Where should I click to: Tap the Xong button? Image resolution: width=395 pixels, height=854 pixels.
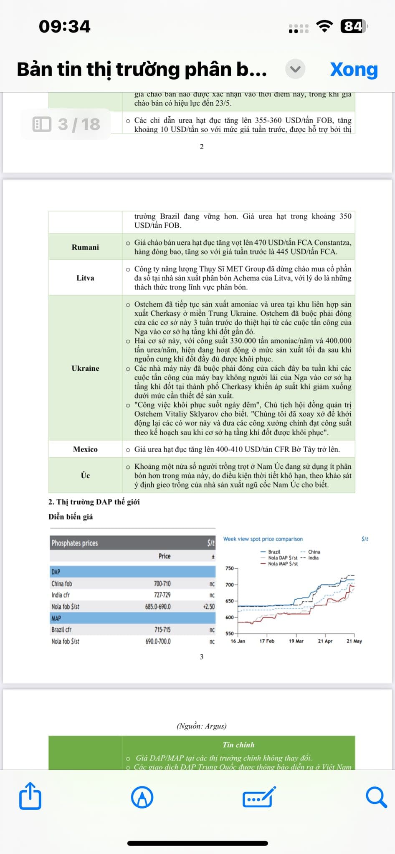[x=354, y=69]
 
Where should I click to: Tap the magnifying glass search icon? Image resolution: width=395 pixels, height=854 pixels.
[x=376, y=797]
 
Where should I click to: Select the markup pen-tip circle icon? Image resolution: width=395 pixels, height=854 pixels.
[x=142, y=797]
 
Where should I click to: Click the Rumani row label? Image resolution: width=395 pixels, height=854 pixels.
[x=85, y=247]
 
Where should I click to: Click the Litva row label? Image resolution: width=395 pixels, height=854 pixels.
[x=85, y=278]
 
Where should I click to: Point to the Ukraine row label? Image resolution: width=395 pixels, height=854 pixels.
[x=85, y=368]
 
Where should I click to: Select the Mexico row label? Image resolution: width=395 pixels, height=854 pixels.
[x=85, y=449]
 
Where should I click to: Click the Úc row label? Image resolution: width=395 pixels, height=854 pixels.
[x=85, y=475]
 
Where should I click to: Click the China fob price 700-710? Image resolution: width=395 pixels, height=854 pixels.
[x=162, y=584]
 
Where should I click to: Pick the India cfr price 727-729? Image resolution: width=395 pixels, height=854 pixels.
[x=162, y=595]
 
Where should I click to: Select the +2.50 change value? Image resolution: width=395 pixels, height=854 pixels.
[x=209, y=607]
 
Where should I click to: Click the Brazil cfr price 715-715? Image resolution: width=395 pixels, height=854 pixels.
[x=162, y=630]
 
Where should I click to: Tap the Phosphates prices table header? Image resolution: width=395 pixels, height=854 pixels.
[x=75, y=543]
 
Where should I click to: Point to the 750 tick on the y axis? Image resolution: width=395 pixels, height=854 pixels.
[x=230, y=568]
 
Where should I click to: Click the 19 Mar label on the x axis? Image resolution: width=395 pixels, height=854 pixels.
[x=296, y=641]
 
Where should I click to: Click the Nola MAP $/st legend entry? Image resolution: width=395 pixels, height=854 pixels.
[x=283, y=564]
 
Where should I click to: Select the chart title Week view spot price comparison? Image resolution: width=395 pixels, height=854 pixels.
[x=263, y=539]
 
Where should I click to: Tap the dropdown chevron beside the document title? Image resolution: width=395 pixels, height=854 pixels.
[x=295, y=69]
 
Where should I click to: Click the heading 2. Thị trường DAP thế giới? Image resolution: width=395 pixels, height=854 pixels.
[x=94, y=502]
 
